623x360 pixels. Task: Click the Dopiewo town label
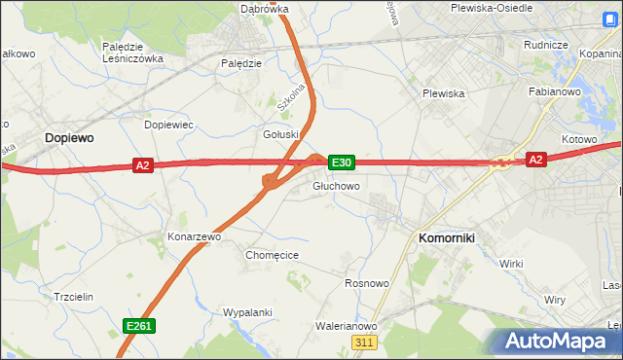pyautogui.click(x=69, y=139)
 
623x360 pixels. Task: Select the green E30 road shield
pyautogui.click(x=342, y=162)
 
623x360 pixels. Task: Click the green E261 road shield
pyautogui.click(x=139, y=326)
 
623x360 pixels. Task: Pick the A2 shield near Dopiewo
pyautogui.click(x=143, y=166)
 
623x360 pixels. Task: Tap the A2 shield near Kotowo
pyautogui.click(x=535, y=159)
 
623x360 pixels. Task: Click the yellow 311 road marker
pyautogui.click(x=365, y=342)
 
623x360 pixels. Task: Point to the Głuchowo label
pyautogui.click(x=337, y=186)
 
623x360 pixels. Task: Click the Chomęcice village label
pyautogui.click(x=272, y=255)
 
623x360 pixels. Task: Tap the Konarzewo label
pyautogui.click(x=195, y=236)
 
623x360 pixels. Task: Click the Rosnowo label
pyautogui.click(x=367, y=283)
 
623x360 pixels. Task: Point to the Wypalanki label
pyautogui.click(x=245, y=313)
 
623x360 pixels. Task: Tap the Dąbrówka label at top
pyautogui.click(x=264, y=9)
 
